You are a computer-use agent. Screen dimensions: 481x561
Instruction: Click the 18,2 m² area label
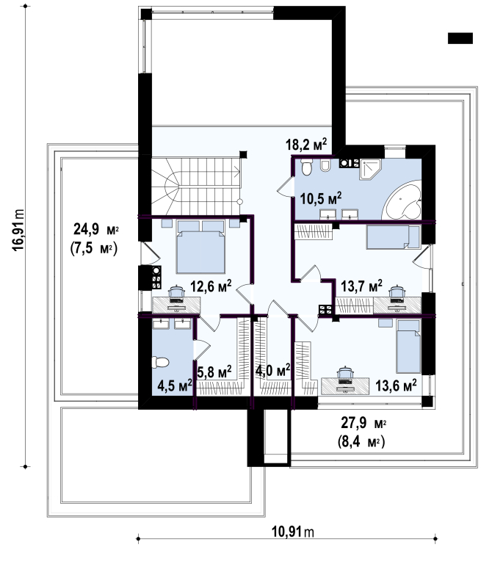pos(306,145)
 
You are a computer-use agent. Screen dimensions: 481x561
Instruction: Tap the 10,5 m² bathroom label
pos(320,198)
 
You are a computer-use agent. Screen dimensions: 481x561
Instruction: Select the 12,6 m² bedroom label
pos(211,286)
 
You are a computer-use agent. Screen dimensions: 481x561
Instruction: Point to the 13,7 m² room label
pos(361,286)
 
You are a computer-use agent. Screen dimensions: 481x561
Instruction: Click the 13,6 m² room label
pos(396,386)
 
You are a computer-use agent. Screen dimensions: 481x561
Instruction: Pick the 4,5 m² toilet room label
pos(175,386)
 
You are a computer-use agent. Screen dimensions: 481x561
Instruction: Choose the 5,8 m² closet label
pos(214,372)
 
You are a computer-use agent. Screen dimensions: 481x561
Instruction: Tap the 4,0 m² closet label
pos(272,370)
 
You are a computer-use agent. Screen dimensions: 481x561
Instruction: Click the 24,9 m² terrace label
pos(96,229)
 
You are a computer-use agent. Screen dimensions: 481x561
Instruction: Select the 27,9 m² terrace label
pos(364,423)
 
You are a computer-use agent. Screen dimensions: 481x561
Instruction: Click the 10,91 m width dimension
pos(293,532)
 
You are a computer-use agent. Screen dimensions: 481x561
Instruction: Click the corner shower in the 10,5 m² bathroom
pos(370,170)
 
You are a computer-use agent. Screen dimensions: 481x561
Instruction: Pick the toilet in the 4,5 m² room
pos(160,362)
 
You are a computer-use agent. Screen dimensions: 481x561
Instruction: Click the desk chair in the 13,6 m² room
pos(345,374)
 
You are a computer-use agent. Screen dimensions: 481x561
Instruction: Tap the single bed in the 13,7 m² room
pos(394,236)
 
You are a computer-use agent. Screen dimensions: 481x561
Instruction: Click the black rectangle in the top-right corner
pos(460,38)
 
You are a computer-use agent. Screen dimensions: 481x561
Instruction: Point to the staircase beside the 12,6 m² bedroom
pos(196,186)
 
